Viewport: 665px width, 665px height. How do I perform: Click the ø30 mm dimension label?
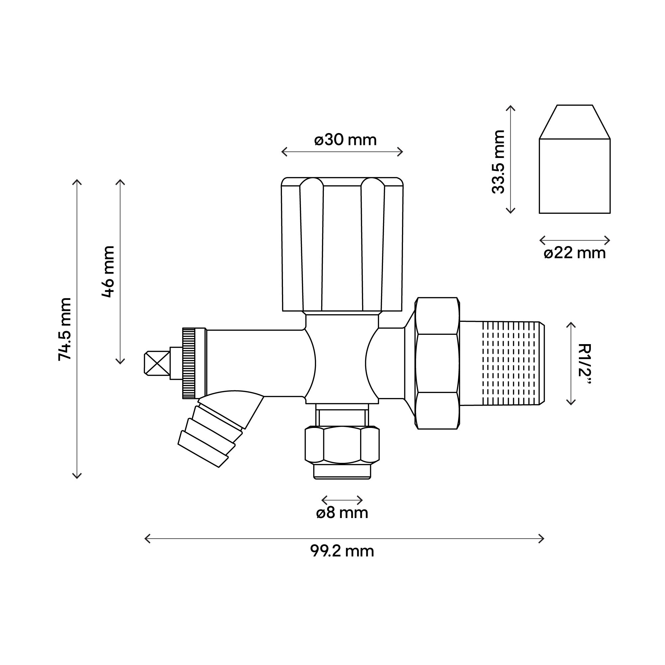pos(345,140)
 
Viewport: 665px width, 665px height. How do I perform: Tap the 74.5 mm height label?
pos(65,329)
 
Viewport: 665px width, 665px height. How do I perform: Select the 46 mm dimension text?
pos(108,272)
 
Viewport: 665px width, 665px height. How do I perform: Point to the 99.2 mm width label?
pos(342,551)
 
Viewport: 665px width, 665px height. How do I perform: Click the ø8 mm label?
pos(342,512)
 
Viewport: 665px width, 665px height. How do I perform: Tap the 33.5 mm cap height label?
pos(498,162)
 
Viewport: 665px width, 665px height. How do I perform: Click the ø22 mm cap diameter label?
pos(575,253)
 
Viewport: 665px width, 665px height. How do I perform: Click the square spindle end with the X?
pos(157,363)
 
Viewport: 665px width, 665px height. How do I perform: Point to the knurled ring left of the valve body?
pos(189,363)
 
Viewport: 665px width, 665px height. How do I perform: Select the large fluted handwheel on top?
pos(342,244)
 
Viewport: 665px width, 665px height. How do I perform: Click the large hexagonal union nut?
pos(437,363)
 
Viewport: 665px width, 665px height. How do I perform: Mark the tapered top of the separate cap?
pos(575,122)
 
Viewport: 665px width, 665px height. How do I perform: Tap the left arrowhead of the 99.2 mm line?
pos(146,538)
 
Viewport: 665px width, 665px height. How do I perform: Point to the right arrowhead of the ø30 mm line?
pos(402,151)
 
